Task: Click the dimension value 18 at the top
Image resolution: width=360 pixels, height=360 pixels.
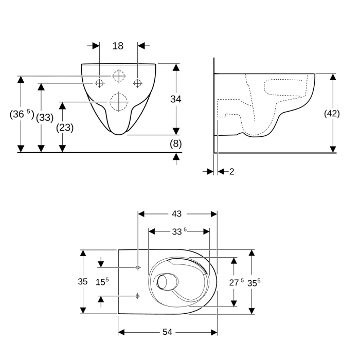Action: pyautogui.click(x=118, y=46)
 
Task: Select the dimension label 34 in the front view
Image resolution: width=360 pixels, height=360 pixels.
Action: pyautogui.click(x=176, y=99)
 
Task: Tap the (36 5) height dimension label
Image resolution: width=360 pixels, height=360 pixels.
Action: pyautogui.click(x=21, y=115)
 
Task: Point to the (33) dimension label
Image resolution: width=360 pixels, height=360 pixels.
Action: pyautogui.click(x=45, y=117)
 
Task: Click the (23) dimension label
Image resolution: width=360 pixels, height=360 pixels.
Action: pyautogui.click(x=64, y=128)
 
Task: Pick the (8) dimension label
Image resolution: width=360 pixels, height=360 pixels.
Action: pyautogui.click(x=176, y=144)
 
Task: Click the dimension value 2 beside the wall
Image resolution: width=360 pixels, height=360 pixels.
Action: pyautogui.click(x=231, y=171)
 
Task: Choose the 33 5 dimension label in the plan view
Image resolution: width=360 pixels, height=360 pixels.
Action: pyautogui.click(x=178, y=232)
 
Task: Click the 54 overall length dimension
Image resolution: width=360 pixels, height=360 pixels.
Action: pyautogui.click(x=167, y=332)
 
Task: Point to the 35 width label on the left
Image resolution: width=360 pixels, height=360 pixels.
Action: pyautogui.click(x=82, y=281)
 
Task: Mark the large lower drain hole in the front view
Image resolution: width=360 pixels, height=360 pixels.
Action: pyautogui.click(x=118, y=102)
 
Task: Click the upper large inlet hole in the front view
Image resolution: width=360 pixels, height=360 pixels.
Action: pyautogui.click(x=118, y=76)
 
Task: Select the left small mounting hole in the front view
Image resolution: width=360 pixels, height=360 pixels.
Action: pyautogui.click(x=99, y=83)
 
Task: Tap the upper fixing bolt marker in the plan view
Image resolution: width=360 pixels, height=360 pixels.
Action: pyautogui.click(x=137, y=267)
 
